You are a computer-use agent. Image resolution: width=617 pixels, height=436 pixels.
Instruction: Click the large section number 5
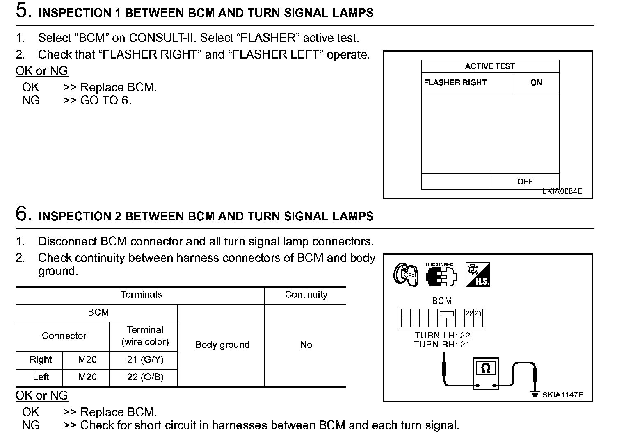point(23,11)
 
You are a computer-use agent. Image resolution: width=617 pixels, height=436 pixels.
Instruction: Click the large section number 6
point(23,213)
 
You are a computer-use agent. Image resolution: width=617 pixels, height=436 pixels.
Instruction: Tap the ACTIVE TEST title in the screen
point(490,66)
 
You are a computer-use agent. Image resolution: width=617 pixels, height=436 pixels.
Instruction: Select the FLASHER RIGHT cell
point(455,83)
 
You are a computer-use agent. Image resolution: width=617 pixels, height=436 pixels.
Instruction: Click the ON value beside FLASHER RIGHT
point(536,83)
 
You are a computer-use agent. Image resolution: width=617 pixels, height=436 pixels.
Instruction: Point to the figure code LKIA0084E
point(562,191)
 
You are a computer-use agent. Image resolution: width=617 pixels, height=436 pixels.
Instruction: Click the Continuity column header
point(306,295)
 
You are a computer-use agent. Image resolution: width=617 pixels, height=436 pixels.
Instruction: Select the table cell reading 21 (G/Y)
point(145,360)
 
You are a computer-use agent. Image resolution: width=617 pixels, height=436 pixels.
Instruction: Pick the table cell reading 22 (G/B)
point(145,377)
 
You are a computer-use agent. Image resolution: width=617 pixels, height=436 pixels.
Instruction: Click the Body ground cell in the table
point(222,345)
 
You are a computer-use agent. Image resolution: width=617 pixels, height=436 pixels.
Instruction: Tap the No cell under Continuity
point(306,345)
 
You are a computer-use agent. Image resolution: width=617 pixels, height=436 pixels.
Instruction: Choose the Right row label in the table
point(41,360)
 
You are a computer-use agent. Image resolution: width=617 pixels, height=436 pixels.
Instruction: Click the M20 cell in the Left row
point(87,377)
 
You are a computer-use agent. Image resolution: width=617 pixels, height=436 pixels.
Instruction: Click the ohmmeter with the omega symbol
point(486,373)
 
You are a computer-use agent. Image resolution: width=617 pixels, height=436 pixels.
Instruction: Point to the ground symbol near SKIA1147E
point(535,394)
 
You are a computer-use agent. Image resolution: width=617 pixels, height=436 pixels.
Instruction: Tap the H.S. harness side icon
point(478,275)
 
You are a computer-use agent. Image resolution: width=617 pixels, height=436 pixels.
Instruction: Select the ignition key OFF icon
point(405,275)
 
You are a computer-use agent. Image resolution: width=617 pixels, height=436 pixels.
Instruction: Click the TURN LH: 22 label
point(442,336)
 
